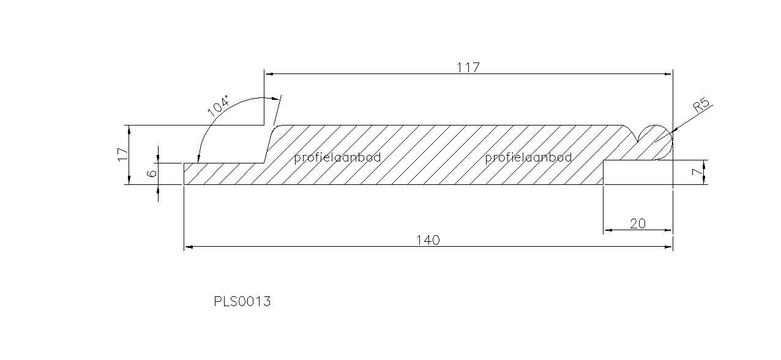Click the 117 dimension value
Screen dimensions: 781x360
(468, 67)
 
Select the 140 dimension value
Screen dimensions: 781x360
(428, 240)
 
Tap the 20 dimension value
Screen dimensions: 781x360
(638, 223)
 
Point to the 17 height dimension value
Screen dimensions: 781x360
(123, 154)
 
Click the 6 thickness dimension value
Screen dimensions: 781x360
(152, 173)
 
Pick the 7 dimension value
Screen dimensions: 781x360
(697, 172)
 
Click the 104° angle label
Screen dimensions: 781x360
(219, 105)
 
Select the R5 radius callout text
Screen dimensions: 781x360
(701, 105)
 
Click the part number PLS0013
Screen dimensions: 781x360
(242, 301)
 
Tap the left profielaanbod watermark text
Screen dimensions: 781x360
(337, 158)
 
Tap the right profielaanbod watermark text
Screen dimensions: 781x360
(528, 158)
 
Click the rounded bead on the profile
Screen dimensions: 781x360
(655, 142)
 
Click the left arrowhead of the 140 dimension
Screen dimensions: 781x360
(189, 247)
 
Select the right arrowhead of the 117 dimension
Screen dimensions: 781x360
(668, 74)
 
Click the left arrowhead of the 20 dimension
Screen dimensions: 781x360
(608, 230)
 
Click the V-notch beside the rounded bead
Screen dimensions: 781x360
(638, 139)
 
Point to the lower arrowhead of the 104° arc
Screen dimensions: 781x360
(198, 159)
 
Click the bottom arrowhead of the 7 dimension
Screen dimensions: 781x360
(704, 179)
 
